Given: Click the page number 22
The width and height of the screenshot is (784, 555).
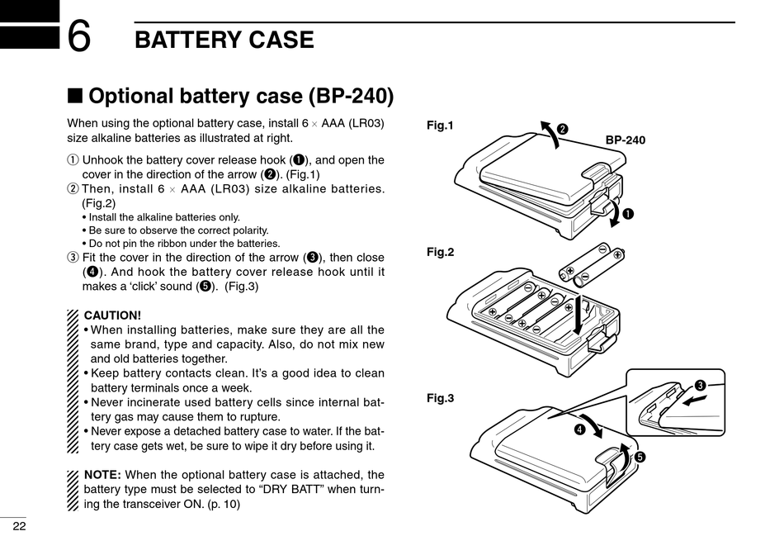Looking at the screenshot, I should (x=19, y=527).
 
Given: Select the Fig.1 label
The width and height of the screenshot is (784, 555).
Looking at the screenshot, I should (x=441, y=126).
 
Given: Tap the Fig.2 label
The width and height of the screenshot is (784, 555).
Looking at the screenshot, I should (x=441, y=252).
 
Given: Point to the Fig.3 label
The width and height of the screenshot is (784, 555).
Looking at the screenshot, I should (x=441, y=398).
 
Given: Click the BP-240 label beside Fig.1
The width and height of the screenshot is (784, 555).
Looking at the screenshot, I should (x=625, y=140).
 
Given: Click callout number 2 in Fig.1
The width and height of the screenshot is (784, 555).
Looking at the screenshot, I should (x=563, y=128).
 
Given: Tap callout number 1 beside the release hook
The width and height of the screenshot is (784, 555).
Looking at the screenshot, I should (x=628, y=215).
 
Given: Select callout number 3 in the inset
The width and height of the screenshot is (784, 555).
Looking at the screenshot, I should (x=700, y=386).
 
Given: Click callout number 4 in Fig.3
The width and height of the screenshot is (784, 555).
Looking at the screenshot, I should (x=580, y=429).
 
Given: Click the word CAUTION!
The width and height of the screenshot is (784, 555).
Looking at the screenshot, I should (x=113, y=315).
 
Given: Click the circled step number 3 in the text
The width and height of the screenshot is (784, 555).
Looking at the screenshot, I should (x=72, y=257).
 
